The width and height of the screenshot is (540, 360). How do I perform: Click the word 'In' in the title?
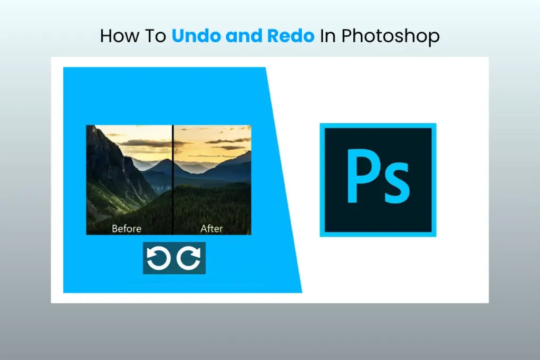[329, 36]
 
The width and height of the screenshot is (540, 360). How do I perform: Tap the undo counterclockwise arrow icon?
[158, 259]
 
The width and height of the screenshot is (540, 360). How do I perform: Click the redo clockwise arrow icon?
[189, 259]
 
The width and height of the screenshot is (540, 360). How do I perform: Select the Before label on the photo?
[127, 229]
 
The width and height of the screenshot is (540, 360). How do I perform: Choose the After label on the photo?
[212, 229]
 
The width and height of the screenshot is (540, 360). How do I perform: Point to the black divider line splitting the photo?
[173, 179]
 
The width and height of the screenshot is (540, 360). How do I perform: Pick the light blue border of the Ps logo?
[322, 179]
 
